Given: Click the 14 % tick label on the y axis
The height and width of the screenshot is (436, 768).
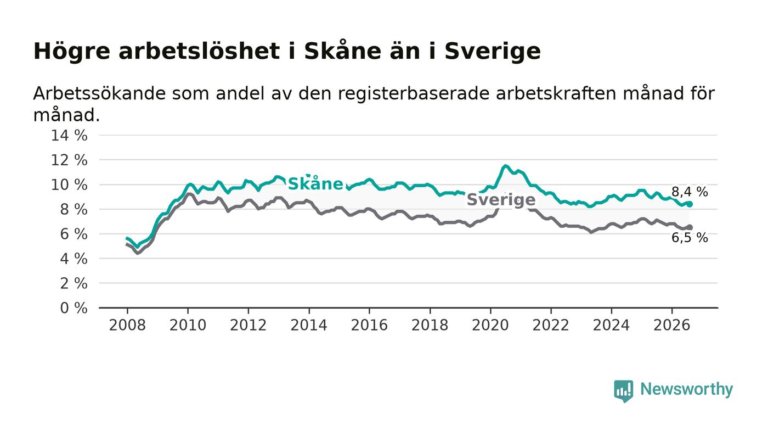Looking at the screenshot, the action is pyautogui.click(x=69, y=135).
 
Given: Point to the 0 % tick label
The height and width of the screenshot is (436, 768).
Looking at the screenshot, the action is pyautogui.click(x=74, y=308).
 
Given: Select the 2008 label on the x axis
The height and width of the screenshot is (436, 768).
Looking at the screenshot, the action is pyautogui.click(x=127, y=325).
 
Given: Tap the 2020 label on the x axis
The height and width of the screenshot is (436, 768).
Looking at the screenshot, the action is pyautogui.click(x=490, y=325).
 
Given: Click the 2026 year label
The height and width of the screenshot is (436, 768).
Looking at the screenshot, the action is pyautogui.click(x=671, y=325).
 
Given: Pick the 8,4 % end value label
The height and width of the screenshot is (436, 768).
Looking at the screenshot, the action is pyautogui.click(x=690, y=192).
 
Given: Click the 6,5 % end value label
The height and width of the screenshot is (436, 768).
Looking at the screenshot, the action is pyautogui.click(x=690, y=238).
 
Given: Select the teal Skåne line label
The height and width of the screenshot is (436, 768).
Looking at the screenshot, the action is pyautogui.click(x=315, y=183).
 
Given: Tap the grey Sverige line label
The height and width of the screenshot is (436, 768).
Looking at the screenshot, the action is pyautogui.click(x=501, y=199).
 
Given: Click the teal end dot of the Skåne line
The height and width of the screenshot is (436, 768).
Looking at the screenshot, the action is pyautogui.click(x=690, y=204).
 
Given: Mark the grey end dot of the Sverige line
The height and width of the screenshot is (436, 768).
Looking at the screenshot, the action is pyautogui.click(x=690, y=228).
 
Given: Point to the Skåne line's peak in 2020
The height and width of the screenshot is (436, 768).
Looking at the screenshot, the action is pyautogui.click(x=505, y=166).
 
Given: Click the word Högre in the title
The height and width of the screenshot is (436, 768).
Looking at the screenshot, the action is pyautogui.click(x=72, y=52).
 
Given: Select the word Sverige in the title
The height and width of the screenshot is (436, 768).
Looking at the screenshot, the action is pyautogui.click(x=493, y=52).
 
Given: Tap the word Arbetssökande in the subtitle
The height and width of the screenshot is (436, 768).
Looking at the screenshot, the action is pyautogui.click(x=99, y=93).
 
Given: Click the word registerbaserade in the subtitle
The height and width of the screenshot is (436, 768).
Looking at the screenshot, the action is pyautogui.click(x=413, y=94).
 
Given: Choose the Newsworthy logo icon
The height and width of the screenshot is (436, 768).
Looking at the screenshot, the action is pyautogui.click(x=624, y=391).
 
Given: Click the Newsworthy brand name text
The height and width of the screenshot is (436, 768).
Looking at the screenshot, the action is pyautogui.click(x=686, y=389).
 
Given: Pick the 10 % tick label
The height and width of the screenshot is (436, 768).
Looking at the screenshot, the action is pyautogui.click(x=69, y=185).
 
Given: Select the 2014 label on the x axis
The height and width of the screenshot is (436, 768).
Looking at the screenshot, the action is pyautogui.click(x=309, y=325).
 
